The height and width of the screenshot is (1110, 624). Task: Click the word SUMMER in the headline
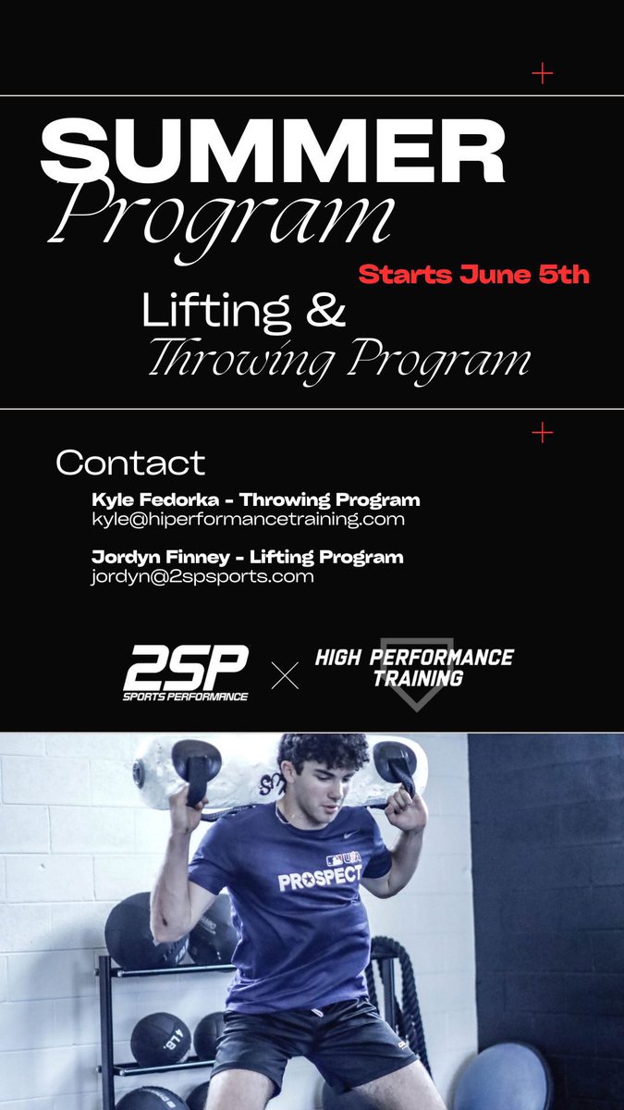point(273,153)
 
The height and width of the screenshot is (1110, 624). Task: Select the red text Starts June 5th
point(473,275)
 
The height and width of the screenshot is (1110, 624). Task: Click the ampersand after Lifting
point(325,312)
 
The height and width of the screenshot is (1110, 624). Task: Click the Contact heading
point(130,462)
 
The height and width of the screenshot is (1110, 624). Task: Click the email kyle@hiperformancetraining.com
point(248,519)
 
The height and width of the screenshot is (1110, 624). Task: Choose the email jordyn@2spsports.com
point(202,576)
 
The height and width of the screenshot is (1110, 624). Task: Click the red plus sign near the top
point(543,73)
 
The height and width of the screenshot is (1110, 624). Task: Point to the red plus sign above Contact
point(543,432)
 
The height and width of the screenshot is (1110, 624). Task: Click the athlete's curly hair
point(324,752)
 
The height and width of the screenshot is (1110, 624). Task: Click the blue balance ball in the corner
point(504,1078)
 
